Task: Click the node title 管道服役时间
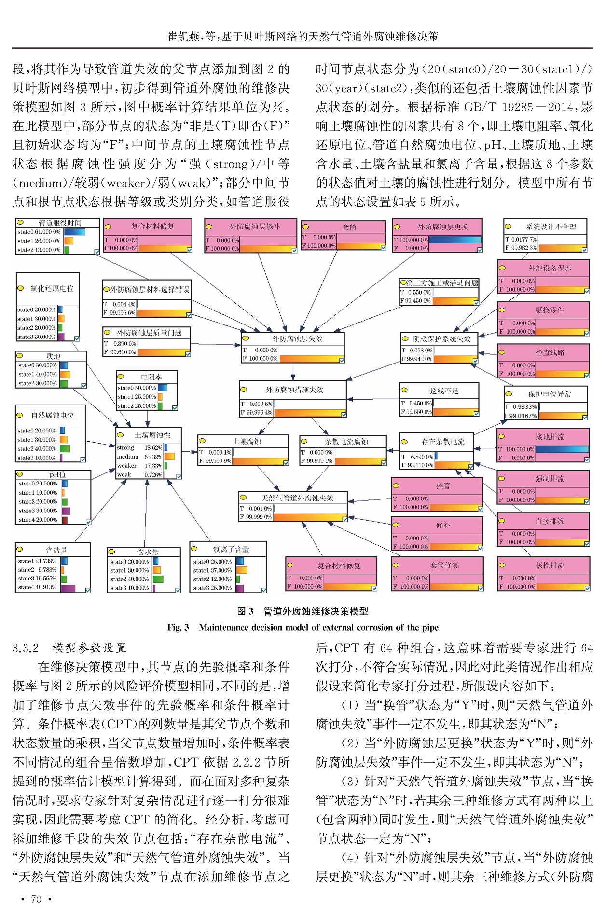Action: click(60, 223)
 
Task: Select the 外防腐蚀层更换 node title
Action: click(442, 227)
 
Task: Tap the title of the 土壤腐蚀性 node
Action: click(152, 435)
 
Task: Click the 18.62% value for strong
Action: click(153, 447)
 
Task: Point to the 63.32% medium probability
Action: click(153, 457)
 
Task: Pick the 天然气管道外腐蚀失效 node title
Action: click(297, 498)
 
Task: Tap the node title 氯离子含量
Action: click(231, 549)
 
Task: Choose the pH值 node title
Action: click(57, 474)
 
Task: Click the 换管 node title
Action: click(442, 485)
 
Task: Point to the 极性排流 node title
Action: click(550, 565)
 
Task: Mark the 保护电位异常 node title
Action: click(550, 394)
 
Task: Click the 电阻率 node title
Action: click(151, 377)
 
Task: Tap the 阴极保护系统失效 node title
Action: click(441, 339)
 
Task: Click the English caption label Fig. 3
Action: click(178, 627)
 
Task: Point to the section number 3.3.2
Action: click(26, 647)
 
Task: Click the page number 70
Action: click(36, 899)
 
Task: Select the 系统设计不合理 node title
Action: click(550, 227)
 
